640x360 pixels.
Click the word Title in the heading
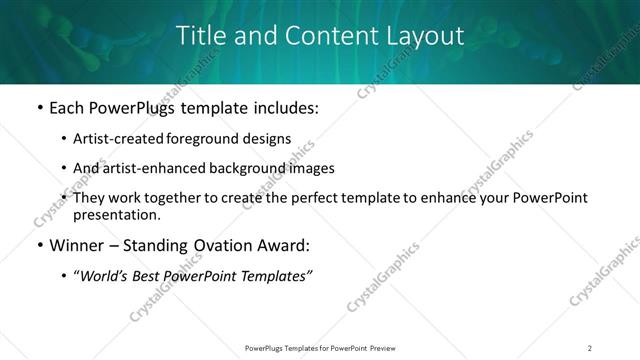pos(200,36)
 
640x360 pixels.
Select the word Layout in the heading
pos(425,36)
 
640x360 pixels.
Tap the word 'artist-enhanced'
pos(155,168)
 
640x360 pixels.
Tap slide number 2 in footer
pos(590,347)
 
